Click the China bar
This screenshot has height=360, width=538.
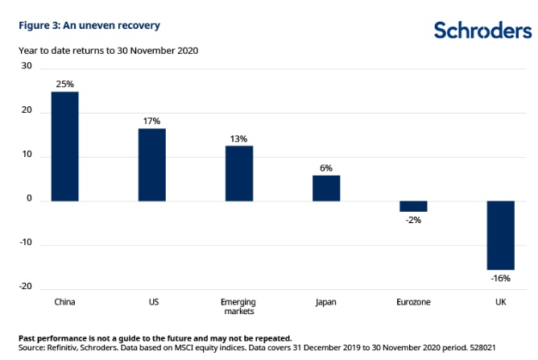click(65, 146)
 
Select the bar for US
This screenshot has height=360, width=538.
click(152, 164)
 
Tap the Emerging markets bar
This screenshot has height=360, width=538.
click(239, 173)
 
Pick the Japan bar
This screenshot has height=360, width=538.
click(326, 188)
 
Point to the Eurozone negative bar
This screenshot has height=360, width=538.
click(413, 206)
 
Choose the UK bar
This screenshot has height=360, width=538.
click(500, 235)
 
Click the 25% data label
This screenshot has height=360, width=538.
click(65, 84)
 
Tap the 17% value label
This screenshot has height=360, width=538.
click(152, 121)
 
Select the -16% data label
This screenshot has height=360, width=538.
click(500, 278)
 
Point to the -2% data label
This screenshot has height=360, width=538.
click(413, 219)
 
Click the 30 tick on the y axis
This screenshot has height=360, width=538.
click(26, 68)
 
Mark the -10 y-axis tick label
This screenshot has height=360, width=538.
click(25, 243)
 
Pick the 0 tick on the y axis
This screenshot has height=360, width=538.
click(28, 200)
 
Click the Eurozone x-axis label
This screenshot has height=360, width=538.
click(413, 302)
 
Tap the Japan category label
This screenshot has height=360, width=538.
click(326, 302)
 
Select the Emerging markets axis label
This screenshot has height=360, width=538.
click(239, 307)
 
